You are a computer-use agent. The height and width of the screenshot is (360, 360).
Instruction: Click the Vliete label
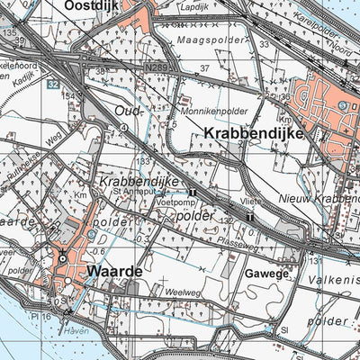(x=251, y=202)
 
